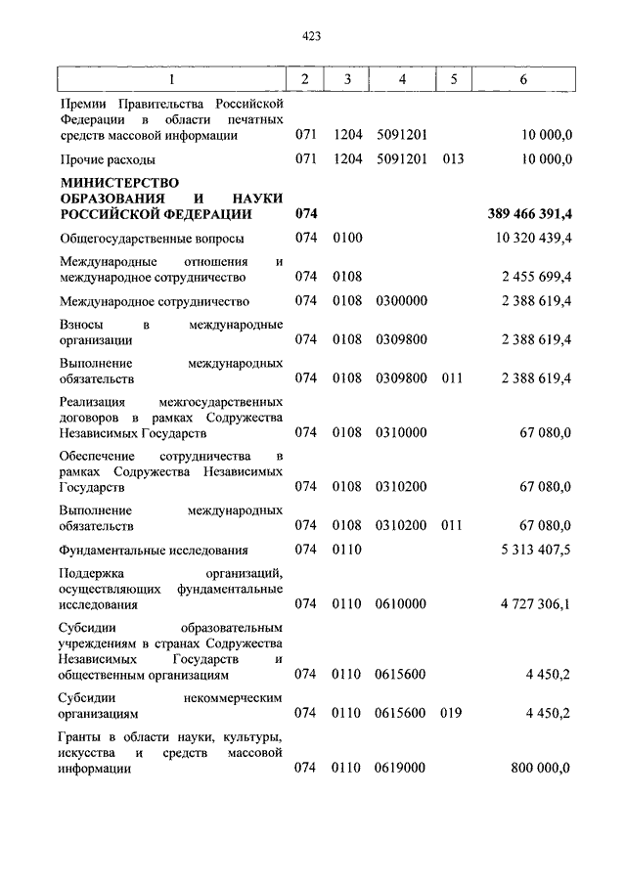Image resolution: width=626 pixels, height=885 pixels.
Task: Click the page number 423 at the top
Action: [x=312, y=36]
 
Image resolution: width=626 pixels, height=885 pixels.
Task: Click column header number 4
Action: [x=401, y=79]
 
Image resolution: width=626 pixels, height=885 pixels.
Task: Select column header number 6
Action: [x=524, y=79]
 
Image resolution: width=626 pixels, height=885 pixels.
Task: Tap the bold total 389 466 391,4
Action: [x=528, y=213]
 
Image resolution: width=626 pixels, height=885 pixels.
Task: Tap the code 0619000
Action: [x=400, y=769]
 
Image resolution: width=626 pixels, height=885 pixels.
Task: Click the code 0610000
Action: [x=400, y=604]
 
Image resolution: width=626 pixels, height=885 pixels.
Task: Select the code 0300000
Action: [x=400, y=301]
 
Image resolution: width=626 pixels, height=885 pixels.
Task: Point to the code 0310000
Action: [x=400, y=431]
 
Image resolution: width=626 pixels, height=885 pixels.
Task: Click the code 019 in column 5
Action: [x=451, y=713]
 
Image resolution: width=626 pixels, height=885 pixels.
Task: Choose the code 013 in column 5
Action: [x=451, y=158]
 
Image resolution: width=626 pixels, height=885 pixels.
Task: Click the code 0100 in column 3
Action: [x=347, y=238]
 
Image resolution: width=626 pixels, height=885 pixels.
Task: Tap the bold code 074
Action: [x=306, y=213]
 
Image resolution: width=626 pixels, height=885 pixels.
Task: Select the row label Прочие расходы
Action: [x=108, y=158]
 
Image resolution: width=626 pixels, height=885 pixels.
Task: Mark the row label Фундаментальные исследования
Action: [x=154, y=551]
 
